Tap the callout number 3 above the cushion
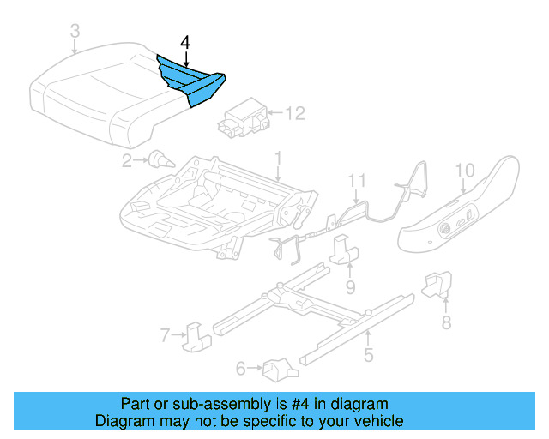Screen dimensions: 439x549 pos(75,33)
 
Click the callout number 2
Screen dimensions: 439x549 pos(126,159)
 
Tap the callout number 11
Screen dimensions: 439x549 pos(357,181)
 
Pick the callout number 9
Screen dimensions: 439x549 pos(350,285)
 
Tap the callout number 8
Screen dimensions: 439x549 pos(445,322)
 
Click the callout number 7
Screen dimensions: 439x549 pos(166,334)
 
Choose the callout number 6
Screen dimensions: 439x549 pos(241,369)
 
